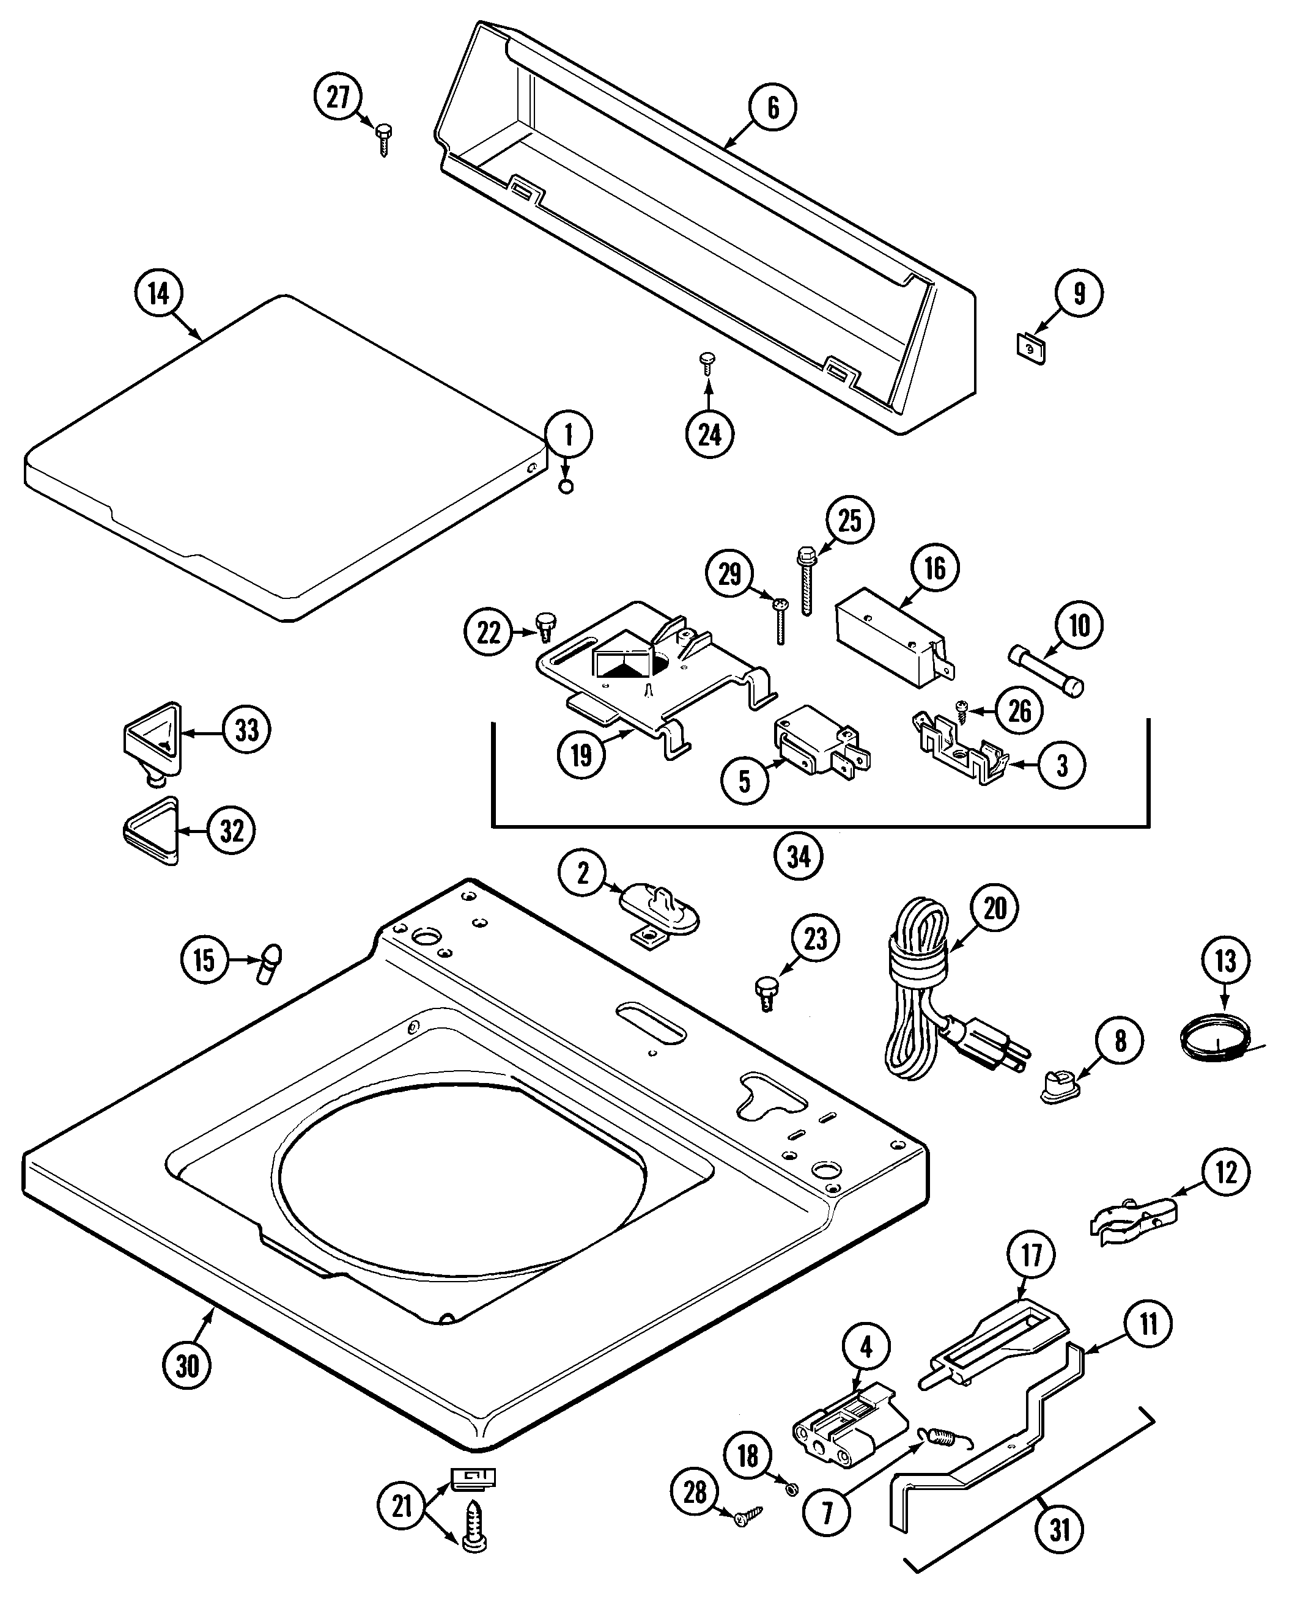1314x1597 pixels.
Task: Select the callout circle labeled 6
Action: tap(773, 108)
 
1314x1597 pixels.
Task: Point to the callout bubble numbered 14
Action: tap(158, 293)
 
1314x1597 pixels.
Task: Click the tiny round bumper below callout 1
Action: tap(566, 486)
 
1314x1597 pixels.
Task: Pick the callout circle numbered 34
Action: tap(799, 856)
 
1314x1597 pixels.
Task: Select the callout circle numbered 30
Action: tap(187, 1365)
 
